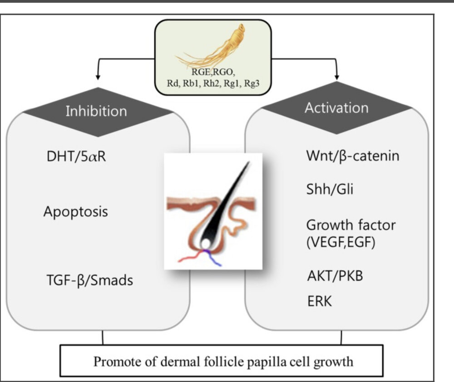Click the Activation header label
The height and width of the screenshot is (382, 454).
[336, 108]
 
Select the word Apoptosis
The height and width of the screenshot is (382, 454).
[76, 211]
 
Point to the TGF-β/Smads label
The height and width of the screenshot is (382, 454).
[89, 280]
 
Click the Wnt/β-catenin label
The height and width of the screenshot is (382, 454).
[353, 157]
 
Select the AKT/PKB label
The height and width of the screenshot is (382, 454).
[335, 275]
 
